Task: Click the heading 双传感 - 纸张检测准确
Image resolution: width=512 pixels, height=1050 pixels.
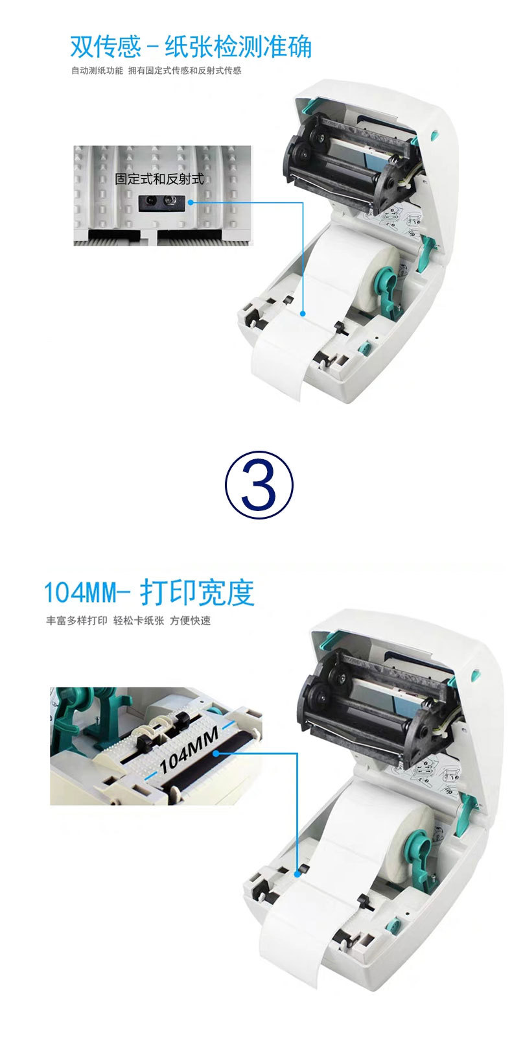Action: (191, 47)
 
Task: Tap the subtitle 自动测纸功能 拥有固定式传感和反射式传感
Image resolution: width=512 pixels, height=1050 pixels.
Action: (156, 71)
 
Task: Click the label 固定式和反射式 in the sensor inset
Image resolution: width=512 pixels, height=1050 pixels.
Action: (159, 179)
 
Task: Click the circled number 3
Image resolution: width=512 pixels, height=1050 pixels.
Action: (259, 484)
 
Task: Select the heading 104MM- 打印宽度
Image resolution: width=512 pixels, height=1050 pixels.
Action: (148, 592)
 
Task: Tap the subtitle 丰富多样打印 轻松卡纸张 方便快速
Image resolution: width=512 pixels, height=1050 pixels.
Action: (128, 621)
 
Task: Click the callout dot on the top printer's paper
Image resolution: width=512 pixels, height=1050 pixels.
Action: (303, 313)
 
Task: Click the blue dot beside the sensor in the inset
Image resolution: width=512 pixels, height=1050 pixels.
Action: (191, 202)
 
